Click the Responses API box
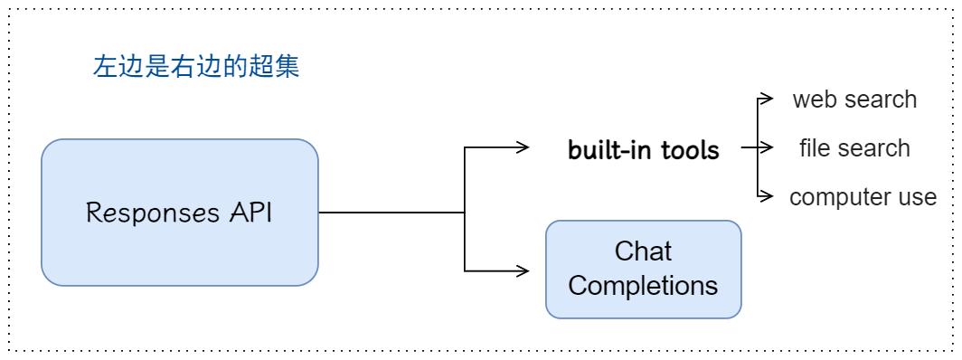[180, 213]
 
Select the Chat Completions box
[644, 270]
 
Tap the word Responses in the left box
[153, 213]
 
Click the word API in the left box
[251, 213]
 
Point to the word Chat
[643, 251]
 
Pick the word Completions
[643, 286]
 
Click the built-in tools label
[644, 150]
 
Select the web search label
[854, 99]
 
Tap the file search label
[854, 147]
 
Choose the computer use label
[863, 197]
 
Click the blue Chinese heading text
[196, 66]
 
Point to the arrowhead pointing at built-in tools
[523, 147]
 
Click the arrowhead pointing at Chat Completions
[523, 270]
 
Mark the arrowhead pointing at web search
[766, 98]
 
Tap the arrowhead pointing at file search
[766, 147]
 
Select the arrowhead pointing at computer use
[766, 196]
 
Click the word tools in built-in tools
[690, 150]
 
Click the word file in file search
[816, 147]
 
